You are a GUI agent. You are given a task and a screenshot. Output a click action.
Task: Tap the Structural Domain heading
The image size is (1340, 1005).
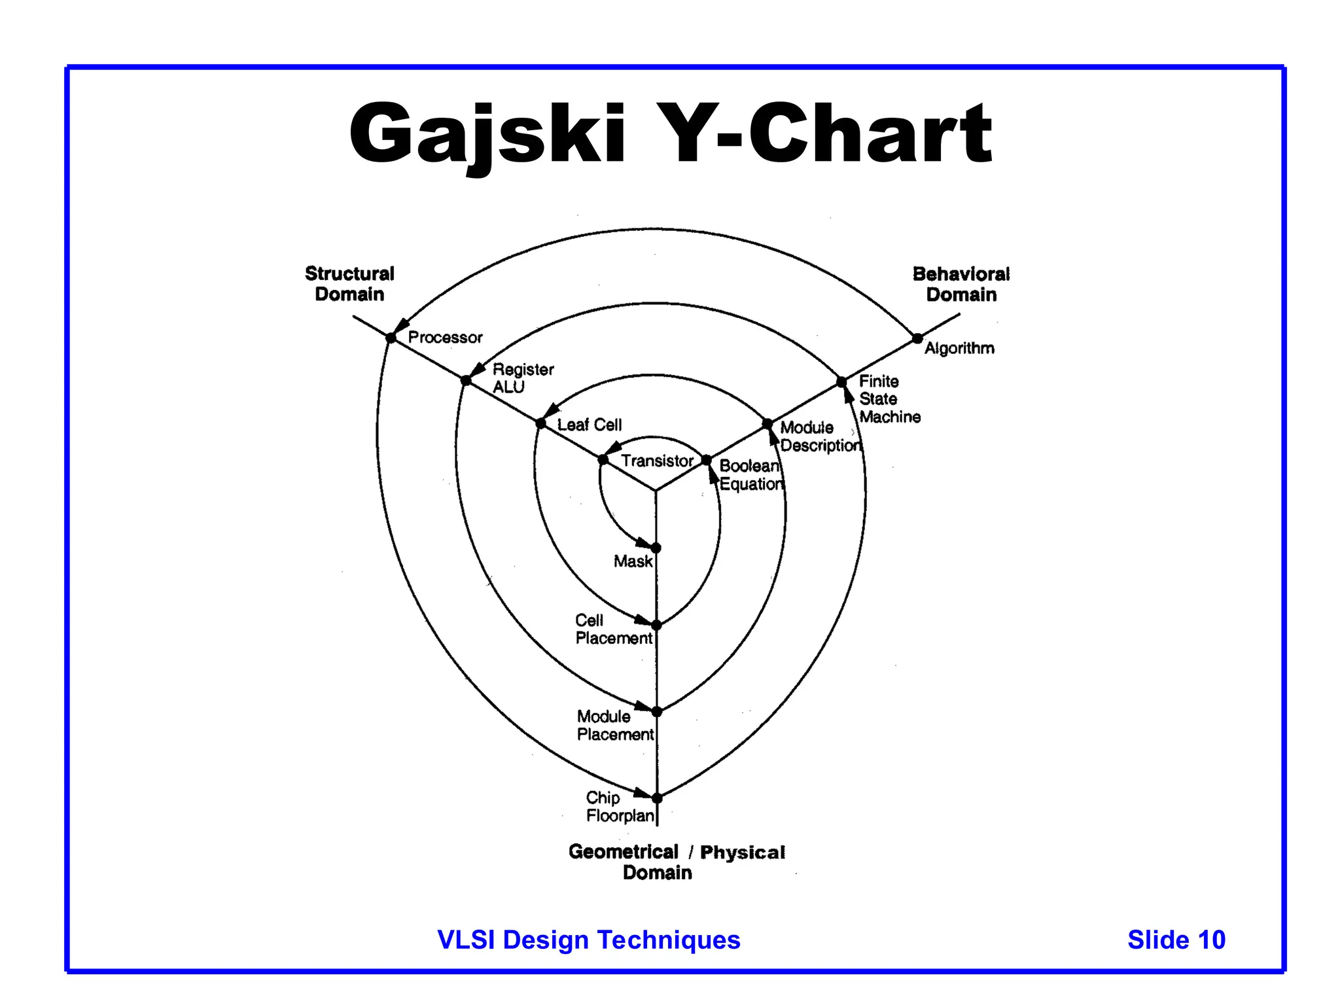click(349, 284)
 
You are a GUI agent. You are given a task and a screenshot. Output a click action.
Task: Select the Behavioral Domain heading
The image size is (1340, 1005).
click(961, 285)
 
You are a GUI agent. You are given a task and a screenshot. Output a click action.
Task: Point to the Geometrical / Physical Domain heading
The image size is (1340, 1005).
click(676, 862)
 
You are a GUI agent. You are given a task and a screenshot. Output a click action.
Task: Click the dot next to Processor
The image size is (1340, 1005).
click(391, 338)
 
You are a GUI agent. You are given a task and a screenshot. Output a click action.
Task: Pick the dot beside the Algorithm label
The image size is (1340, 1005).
click(917, 338)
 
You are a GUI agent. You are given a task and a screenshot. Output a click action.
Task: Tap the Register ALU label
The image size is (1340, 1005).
click(522, 378)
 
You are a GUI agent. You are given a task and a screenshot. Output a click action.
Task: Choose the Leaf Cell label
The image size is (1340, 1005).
click(589, 425)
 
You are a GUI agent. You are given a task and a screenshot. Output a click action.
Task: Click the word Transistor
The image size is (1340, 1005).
click(656, 461)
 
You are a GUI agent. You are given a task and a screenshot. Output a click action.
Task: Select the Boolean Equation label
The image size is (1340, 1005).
click(750, 475)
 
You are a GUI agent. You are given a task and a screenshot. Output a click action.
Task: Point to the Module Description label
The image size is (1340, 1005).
click(820, 436)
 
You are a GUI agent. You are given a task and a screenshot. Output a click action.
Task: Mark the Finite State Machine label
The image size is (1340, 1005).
click(889, 399)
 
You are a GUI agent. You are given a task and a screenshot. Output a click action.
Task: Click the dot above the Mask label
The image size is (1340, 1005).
click(656, 548)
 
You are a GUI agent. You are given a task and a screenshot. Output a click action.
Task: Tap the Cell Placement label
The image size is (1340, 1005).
click(613, 629)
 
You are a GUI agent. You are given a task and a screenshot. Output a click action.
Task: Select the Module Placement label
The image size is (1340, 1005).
click(614, 726)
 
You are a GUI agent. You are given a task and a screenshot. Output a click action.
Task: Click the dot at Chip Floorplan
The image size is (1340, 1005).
click(657, 798)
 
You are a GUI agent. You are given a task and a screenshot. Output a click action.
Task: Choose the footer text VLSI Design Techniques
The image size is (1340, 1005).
click(588, 940)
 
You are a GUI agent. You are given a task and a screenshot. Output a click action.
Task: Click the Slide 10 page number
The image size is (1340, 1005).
click(1176, 940)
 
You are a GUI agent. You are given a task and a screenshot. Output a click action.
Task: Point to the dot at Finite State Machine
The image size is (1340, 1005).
click(841, 381)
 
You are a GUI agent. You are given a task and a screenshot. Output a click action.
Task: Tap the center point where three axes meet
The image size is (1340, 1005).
click(656, 489)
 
